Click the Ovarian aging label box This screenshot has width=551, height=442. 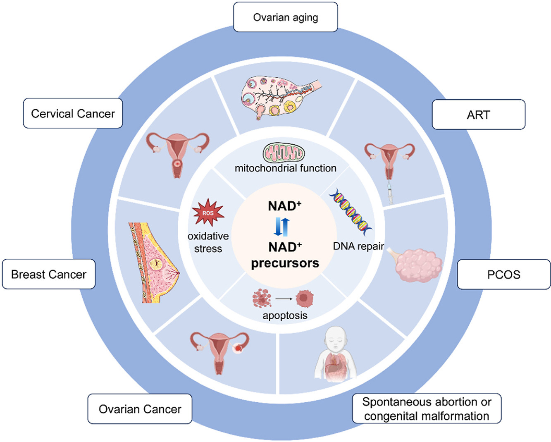click(285, 17)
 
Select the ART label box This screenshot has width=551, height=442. click(478, 115)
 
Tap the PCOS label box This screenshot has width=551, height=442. click(503, 275)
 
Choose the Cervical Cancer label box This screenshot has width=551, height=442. click(73, 114)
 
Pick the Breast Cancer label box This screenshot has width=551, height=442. click(49, 275)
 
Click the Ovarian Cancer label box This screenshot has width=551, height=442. click(140, 409)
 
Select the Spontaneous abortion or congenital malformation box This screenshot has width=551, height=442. click(426, 409)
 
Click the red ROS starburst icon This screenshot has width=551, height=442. click(208, 213)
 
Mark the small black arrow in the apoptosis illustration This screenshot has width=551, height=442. click(284, 298)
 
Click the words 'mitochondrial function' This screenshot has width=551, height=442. click(285, 168)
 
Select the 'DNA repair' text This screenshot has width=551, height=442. click(358, 246)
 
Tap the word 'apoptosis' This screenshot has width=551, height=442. click(285, 315)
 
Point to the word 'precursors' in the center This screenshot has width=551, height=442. click(285, 263)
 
